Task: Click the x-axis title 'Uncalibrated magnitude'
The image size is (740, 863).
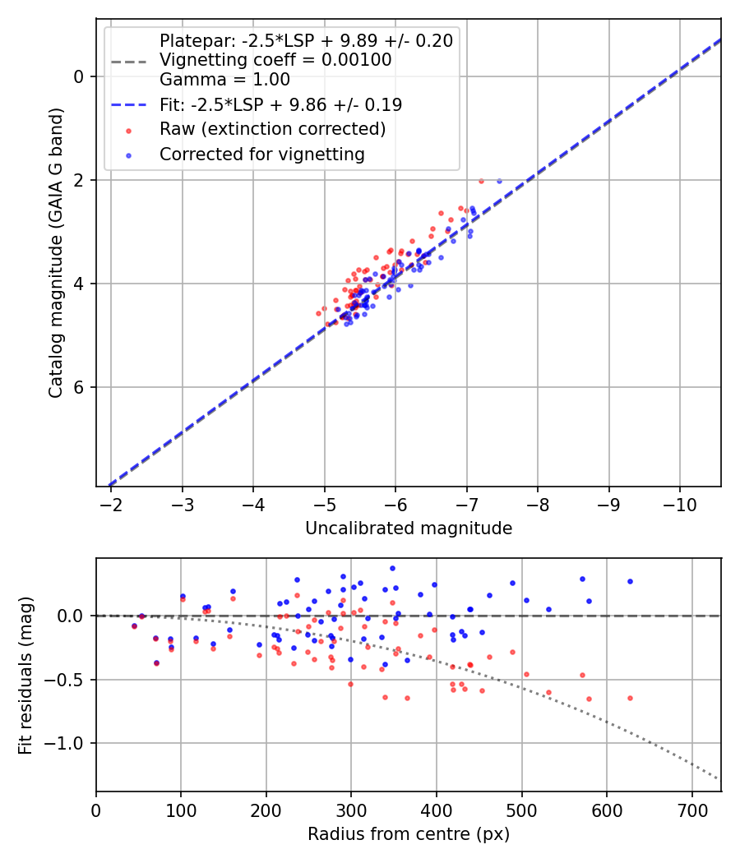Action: (409, 528)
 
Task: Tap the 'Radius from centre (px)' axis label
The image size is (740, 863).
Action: (409, 834)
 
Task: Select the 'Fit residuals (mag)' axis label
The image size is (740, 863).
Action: (26, 674)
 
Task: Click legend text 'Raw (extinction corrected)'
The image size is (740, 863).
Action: (272, 129)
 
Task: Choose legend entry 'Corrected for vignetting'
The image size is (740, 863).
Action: (261, 155)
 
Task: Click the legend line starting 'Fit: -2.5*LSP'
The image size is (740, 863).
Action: (280, 104)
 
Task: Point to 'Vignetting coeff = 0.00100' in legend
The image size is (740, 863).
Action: (275, 60)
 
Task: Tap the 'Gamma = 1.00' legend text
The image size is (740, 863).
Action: (224, 80)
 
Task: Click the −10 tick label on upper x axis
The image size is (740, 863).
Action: (679, 503)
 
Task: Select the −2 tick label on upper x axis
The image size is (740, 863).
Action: (111, 503)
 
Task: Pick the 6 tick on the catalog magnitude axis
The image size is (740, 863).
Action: (80, 387)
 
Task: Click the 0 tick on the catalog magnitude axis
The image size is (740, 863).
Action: (80, 76)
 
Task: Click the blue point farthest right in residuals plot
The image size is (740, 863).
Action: (630, 581)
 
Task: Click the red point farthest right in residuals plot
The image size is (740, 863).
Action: (630, 698)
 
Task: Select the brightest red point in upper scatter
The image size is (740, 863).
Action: (481, 181)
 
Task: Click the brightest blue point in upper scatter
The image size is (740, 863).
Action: (499, 181)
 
